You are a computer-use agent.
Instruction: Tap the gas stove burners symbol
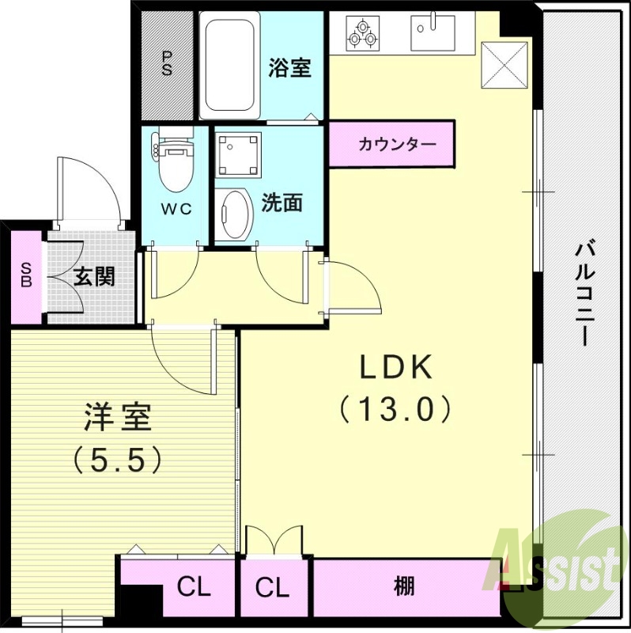point(363,32)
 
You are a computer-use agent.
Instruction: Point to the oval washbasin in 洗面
point(233,214)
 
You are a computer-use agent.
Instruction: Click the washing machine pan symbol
point(238,154)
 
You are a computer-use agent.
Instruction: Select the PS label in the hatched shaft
point(167,63)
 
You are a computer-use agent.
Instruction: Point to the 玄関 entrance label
point(94,277)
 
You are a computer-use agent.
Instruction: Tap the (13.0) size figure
point(395,408)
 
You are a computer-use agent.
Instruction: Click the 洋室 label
point(118,417)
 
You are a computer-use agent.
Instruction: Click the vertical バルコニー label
point(585,292)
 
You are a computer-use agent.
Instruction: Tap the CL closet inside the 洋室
point(194,587)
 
